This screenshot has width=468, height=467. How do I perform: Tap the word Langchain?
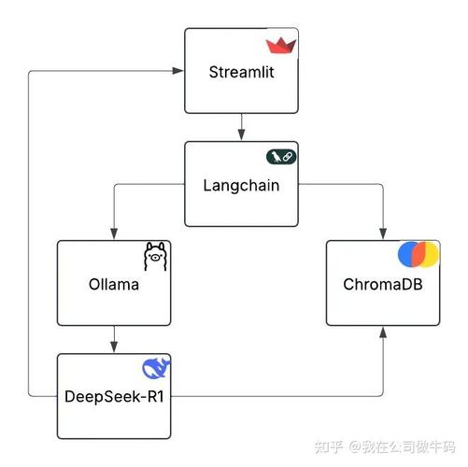click(241, 184)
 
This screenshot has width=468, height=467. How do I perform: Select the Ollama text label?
click(113, 284)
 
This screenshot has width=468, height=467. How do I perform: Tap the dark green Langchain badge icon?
click(281, 157)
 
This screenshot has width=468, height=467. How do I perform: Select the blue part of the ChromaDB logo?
click(407, 254)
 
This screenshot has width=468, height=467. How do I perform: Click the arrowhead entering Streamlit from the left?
click(178, 71)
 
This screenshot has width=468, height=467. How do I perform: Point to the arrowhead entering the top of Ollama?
click(113, 234)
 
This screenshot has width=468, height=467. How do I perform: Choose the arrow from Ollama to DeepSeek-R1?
click(113, 338)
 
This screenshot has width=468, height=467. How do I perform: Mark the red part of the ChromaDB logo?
click(420, 254)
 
